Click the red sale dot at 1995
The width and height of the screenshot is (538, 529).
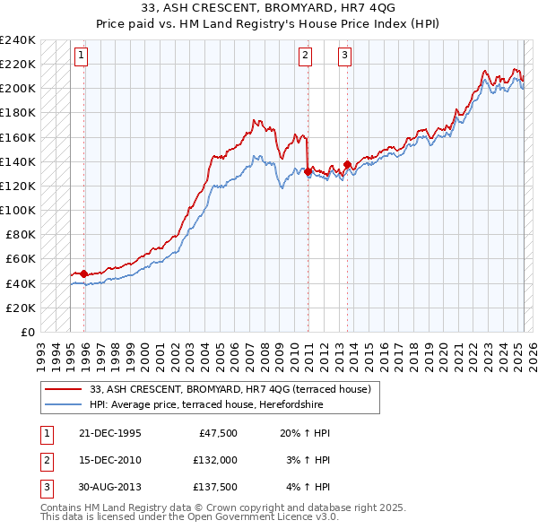point(84,273)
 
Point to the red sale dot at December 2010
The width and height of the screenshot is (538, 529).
point(308,171)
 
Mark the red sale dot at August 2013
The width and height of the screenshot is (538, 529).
point(348,164)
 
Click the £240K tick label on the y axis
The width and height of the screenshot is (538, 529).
point(18,40)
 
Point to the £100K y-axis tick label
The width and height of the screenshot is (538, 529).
point(18,210)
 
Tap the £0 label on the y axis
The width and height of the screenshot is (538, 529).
point(27,332)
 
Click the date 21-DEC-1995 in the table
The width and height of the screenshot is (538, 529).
point(110,432)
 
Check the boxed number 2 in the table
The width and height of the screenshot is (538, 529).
point(46,460)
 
